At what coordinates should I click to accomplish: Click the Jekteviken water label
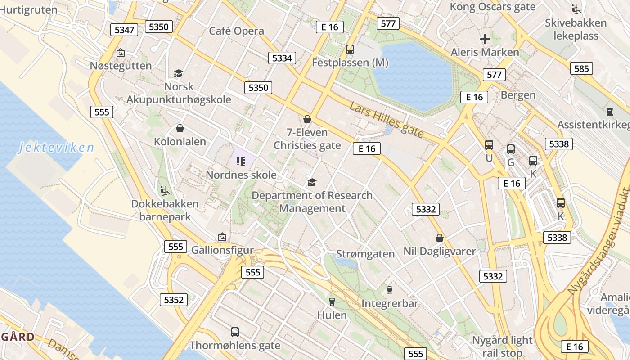pyautogui.click(x=56, y=148)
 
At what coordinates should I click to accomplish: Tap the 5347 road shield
pyautogui.click(x=124, y=30)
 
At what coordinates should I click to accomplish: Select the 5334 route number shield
pyautogui.click(x=282, y=58)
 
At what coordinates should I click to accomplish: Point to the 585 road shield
pyautogui.click(x=581, y=68)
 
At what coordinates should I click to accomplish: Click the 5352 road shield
pyautogui.click(x=174, y=300)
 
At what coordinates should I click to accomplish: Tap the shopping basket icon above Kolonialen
pyautogui.click(x=180, y=129)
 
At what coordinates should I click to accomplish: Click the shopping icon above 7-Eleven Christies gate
pyautogui.click(x=307, y=119)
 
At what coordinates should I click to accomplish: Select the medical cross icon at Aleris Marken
pyautogui.click(x=485, y=39)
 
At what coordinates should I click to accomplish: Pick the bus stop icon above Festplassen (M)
pyautogui.click(x=350, y=49)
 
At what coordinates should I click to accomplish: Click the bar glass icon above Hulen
pyautogui.click(x=332, y=301)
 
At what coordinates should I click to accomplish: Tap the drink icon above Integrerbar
pyautogui.click(x=390, y=290)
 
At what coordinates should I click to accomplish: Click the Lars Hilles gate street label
pyautogui.click(x=387, y=120)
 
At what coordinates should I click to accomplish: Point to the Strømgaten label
pyautogui.click(x=365, y=254)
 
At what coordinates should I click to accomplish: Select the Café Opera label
pyautogui.click(x=236, y=31)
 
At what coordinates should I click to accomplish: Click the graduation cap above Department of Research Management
pyautogui.click(x=312, y=182)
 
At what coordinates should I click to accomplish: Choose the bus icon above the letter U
pyautogui.click(x=489, y=145)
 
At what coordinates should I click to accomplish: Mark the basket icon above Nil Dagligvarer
pyautogui.click(x=439, y=238)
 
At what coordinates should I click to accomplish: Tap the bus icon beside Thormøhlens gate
pyautogui.click(x=234, y=332)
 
